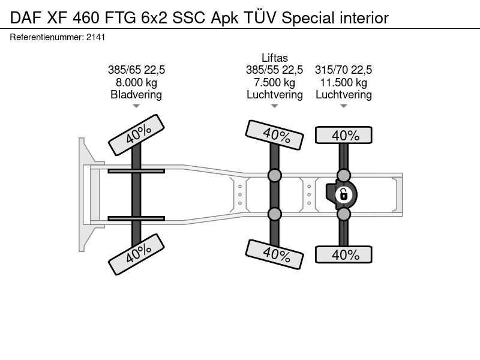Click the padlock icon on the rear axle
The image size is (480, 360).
(343, 194)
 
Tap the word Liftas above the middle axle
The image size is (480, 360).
(275, 58)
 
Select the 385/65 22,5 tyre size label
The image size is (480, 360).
(136, 70)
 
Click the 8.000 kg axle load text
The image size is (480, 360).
(136, 82)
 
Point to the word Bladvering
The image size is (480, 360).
(136, 95)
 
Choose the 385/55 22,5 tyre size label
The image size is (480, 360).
(275, 70)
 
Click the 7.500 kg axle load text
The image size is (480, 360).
(275, 82)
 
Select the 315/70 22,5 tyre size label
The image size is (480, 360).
(343, 70)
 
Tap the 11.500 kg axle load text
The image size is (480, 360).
(343, 82)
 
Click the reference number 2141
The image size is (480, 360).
(96, 37)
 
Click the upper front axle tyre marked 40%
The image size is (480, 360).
(137, 135)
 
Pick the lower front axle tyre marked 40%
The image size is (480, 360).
(137, 254)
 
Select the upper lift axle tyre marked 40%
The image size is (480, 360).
(275, 135)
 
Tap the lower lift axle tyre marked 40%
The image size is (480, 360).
(275, 254)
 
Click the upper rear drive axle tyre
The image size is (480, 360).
(344, 135)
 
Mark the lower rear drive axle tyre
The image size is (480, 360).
(344, 254)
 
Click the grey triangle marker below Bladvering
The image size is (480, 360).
(136, 106)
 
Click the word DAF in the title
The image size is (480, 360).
(26, 18)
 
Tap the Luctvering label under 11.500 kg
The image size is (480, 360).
(343, 95)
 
